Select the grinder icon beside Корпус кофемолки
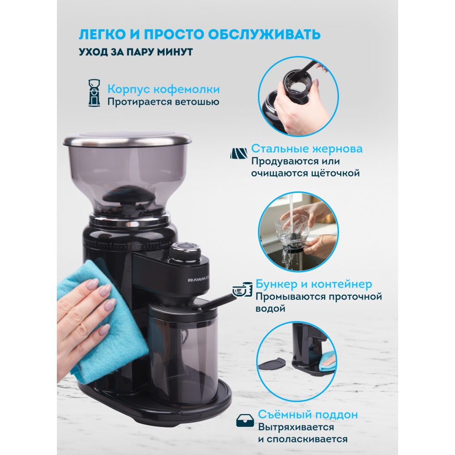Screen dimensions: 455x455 pyautogui.click(x=94, y=92)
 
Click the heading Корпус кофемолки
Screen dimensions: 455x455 pyautogui.click(x=163, y=89)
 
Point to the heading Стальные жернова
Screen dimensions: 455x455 pyautogui.click(x=307, y=149)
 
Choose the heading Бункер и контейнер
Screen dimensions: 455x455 pyautogui.click(x=313, y=284)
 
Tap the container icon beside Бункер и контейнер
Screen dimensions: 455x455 pyautogui.click(x=243, y=289)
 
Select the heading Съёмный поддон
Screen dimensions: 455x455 pyautogui.click(x=308, y=415)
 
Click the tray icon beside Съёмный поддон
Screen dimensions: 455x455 pyautogui.click(x=245, y=420)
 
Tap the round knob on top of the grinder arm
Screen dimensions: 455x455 pyautogui.click(x=185, y=251)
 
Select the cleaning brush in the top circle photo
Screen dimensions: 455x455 pyautogui.click(x=302, y=72)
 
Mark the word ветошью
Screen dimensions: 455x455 pyautogui.click(x=197, y=102)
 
